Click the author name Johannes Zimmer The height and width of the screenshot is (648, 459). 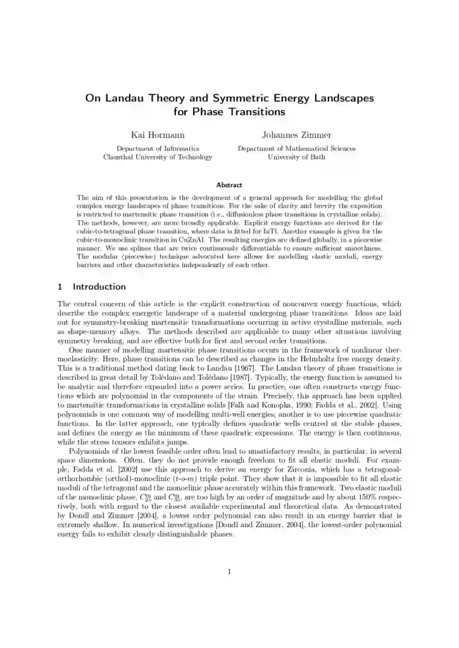tap(296, 135)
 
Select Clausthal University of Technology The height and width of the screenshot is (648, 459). tap(158, 157)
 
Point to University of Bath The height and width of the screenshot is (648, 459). tap(296, 157)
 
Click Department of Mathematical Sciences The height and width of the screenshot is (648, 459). tap(296, 149)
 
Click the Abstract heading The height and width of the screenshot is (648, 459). tap(229, 185)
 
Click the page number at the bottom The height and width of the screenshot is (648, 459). tap(229, 573)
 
